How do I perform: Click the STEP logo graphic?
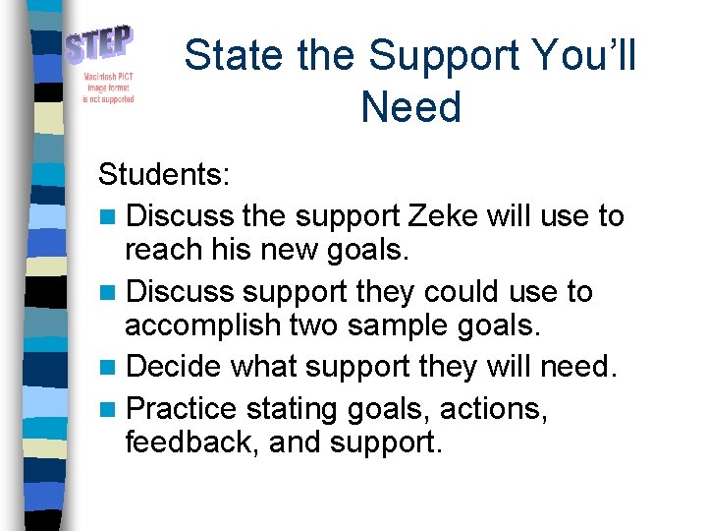point(100,46)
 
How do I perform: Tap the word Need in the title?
point(410,106)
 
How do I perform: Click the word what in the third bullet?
point(264,367)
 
